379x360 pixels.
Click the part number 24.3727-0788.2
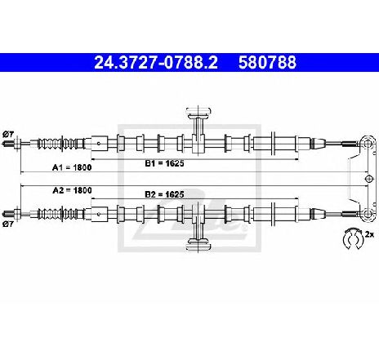click(x=156, y=63)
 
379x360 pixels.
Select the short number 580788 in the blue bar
click(x=267, y=63)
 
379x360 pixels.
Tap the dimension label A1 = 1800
click(x=72, y=167)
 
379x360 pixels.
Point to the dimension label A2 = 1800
click(x=72, y=190)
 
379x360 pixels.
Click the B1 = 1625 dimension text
click(x=164, y=163)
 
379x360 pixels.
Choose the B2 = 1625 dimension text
click(x=164, y=194)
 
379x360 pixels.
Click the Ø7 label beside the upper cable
click(x=8, y=134)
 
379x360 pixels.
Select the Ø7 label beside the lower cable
click(x=8, y=224)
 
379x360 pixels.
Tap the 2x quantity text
click(x=370, y=234)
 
